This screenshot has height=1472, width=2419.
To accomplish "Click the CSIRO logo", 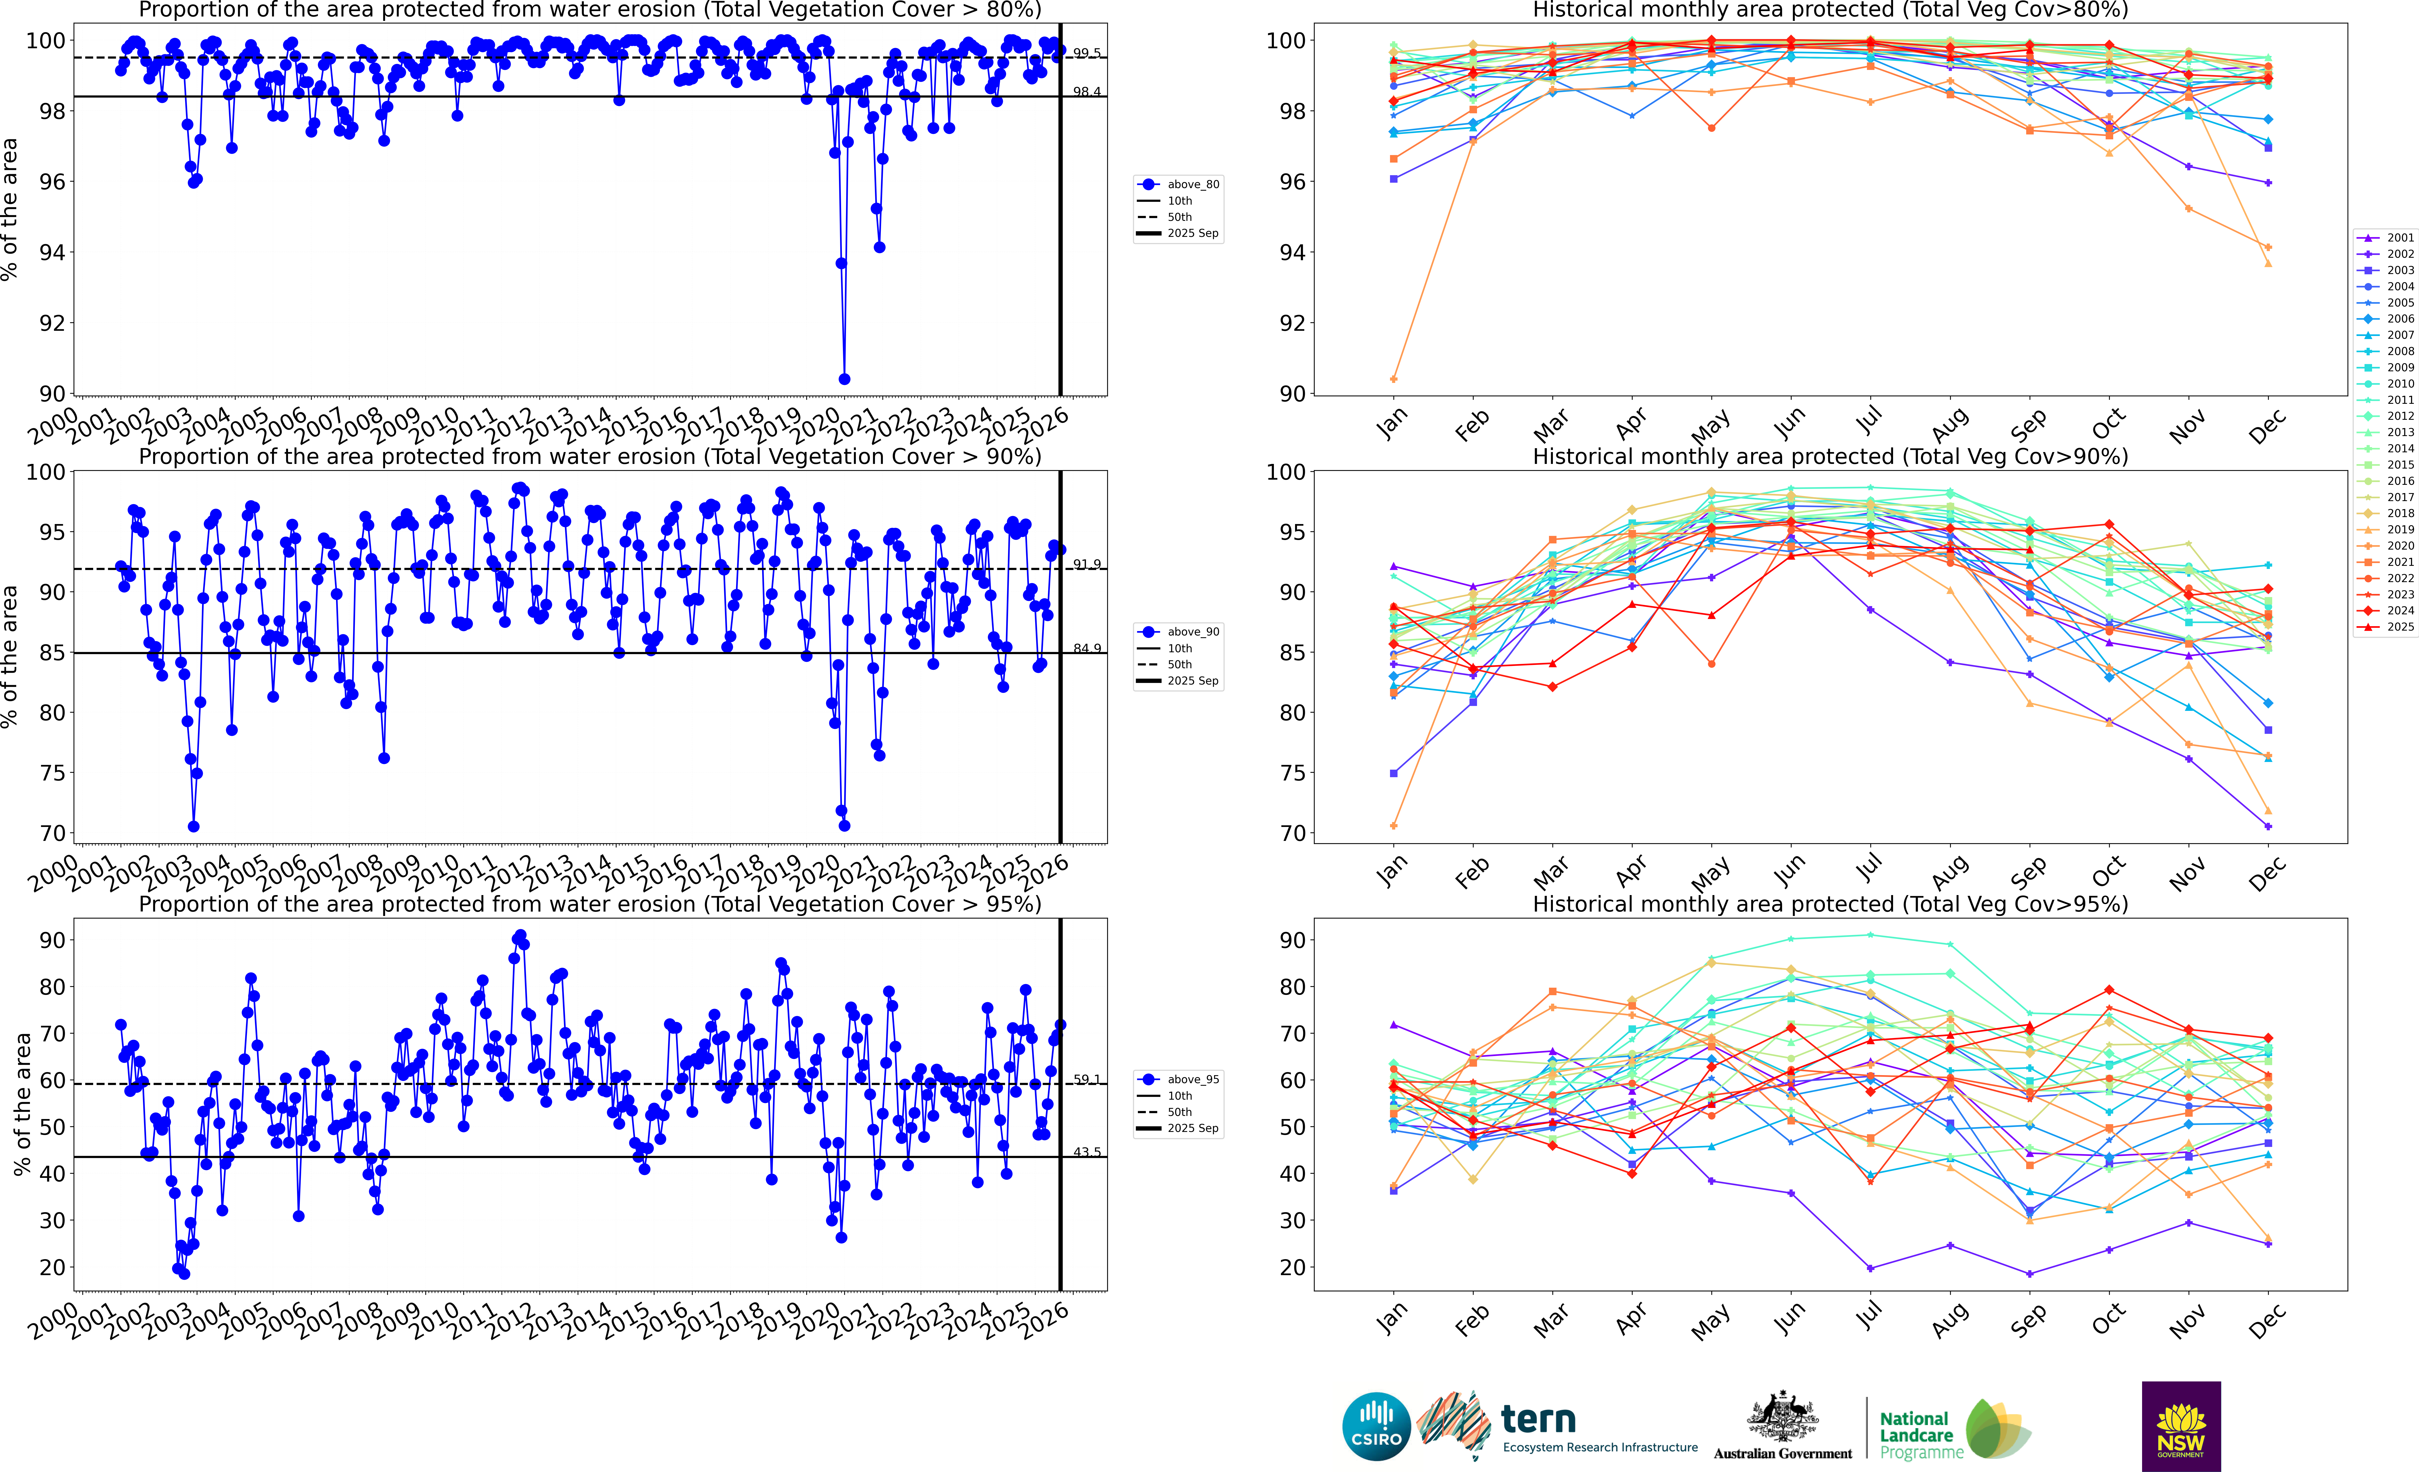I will pyautogui.click(x=1375, y=1427).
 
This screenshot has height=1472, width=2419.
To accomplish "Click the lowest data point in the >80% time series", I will pyautogui.click(x=844, y=379).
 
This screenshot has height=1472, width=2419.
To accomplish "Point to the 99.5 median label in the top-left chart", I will pyautogui.click(x=1086, y=53).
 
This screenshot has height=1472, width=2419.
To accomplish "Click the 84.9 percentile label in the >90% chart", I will pyautogui.click(x=1086, y=649).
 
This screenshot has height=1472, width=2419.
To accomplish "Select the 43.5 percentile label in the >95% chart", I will pyautogui.click(x=1086, y=1152).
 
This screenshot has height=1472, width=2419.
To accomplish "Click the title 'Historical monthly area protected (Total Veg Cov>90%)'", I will pyautogui.click(x=1830, y=456).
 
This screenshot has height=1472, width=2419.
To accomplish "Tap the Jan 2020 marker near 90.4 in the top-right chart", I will pyautogui.click(x=1394, y=379).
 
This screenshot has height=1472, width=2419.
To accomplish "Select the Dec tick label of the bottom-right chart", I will pyautogui.click(x=2267, y=1322).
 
